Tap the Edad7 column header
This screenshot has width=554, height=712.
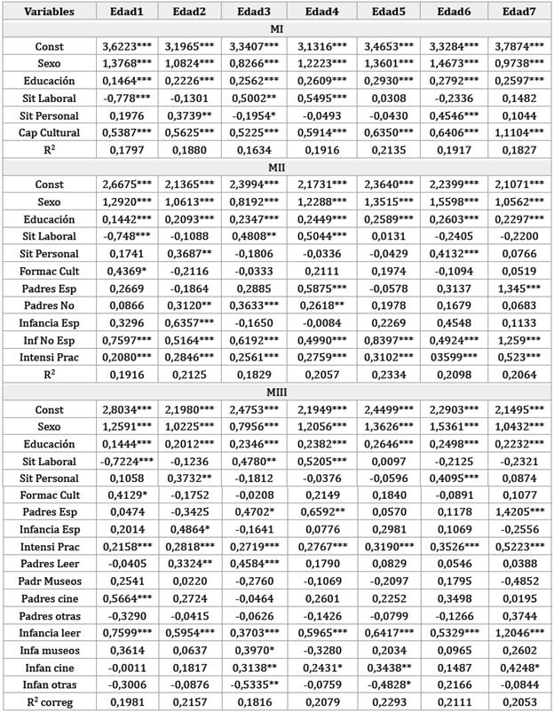(518, 12)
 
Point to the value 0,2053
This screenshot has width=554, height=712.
(518, 700)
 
